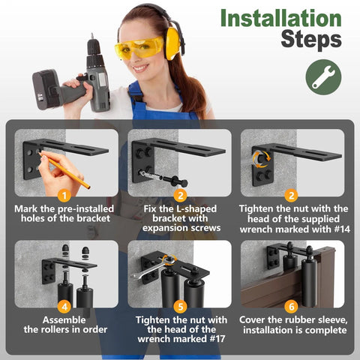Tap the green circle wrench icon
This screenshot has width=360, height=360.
coord(323,77)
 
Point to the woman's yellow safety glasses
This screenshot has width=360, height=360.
coord(139,49)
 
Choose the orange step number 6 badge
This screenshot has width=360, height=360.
coord(292,305)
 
